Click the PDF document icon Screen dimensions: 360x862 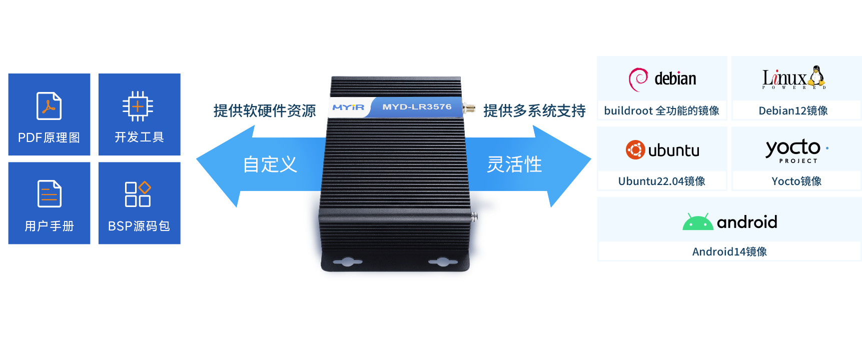pyautogui.click(x=49, y=105)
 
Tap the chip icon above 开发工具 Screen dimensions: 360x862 pyautogui.click(x=138, y=106)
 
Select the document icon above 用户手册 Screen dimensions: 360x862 pyautogui.click(x=49, y=193)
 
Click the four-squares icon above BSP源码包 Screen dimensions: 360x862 pyautogui.click(x=138, y=194)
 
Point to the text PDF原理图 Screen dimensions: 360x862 pyautogui.click(x=49, y=137)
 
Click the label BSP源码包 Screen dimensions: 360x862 pyautogui.click(x=139, y=226)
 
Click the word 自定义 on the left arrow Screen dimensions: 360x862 pyautogui.click(x=270, y=164)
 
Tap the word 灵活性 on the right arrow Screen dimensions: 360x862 pyautogui.click(x=514, y=164)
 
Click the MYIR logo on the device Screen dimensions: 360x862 pyautogui.click(x=348, y=107)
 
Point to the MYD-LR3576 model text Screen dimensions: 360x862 pyautogui.click(x=417, y=107)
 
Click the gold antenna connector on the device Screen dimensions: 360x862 pyautogui.click(x=469, y=108)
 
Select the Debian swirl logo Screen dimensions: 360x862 pyautogui.click(x=638, y=79)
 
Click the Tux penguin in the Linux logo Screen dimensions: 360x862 pyautogui.click(x=817, y=76)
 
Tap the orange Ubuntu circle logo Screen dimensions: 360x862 pyautogui.click(x=635, y=150)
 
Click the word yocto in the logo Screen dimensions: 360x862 pyautogui.click(x=793, y=147)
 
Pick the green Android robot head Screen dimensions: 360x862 pyautogui.click(x=698, y=222)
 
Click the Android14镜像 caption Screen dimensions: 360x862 pyautogui.click(x=729, y=251)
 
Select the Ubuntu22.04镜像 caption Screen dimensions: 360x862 pyautogui.click(x=662, y=181)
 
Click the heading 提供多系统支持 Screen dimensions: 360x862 pyautogui.click(x=534, y=110)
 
